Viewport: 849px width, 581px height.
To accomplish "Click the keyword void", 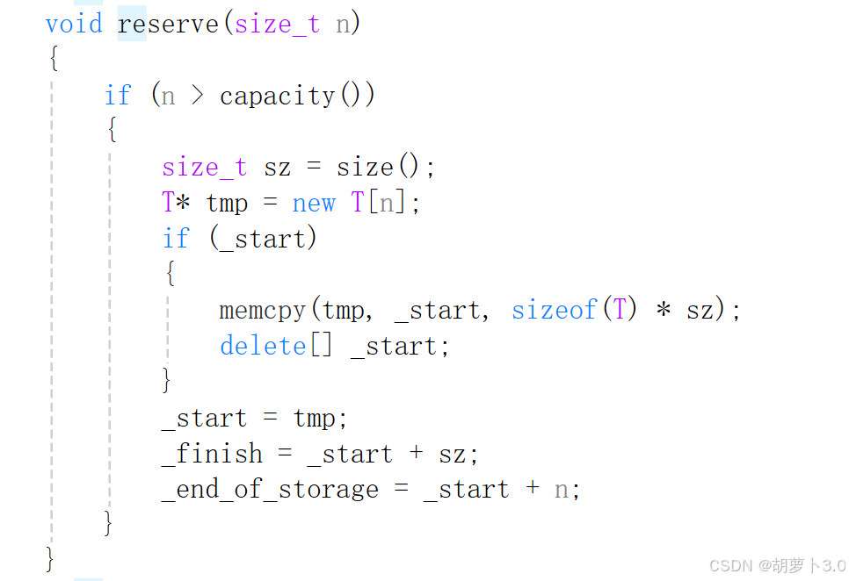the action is click(74, 23).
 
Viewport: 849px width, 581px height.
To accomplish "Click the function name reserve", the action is click(168, 23).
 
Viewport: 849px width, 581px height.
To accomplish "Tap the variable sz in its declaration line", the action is click(277, 167).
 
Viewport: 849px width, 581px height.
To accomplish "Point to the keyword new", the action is click(314, 203).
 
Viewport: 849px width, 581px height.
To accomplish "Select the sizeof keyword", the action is click(555, 310).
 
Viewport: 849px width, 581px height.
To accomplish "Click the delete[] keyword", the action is click(276, 346).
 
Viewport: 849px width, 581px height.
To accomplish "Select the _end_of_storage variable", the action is click(270, 490).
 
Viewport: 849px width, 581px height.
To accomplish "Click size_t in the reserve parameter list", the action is click(277, 23).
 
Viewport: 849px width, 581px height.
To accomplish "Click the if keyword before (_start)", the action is click(176, 239).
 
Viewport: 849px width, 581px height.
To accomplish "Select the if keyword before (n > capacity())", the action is click(118, 95).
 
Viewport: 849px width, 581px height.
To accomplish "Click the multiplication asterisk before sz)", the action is click(664, 311).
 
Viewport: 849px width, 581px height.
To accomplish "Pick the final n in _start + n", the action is click(561, 490).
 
